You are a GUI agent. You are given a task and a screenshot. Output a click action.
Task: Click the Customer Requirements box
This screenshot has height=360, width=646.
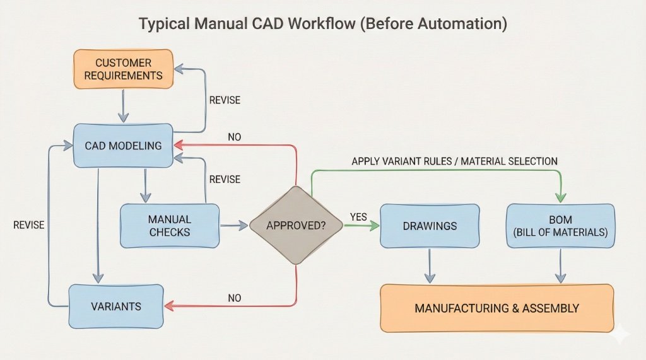[123, 69]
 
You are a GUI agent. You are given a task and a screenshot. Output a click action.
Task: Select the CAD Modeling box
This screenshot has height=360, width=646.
[123, 145]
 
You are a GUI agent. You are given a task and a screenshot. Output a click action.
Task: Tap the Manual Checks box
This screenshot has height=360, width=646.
[170, 226]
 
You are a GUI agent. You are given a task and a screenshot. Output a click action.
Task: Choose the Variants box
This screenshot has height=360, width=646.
[116, 306]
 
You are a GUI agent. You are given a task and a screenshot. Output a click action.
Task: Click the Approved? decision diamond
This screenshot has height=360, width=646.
[297, 225]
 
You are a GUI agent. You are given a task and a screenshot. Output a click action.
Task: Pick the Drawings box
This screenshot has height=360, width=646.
[429, 225]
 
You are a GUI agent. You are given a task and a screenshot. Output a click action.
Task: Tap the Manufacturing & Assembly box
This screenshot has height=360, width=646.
[496, 308]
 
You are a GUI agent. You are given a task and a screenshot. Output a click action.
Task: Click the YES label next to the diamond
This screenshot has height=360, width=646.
[358, 217]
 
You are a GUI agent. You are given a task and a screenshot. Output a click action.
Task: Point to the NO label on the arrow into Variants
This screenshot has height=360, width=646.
[235, 298]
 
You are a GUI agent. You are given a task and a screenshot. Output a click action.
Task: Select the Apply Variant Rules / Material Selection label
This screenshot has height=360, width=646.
[454, 161]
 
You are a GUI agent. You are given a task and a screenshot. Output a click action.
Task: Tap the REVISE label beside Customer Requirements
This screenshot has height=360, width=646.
[225, 100]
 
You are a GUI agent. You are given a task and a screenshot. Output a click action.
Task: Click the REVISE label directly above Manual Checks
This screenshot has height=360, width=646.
[225, 180]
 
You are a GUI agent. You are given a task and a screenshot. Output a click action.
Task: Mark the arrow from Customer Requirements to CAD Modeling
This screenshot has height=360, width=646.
[124, 105]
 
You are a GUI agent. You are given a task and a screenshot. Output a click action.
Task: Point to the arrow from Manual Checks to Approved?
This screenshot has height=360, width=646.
[234, 225]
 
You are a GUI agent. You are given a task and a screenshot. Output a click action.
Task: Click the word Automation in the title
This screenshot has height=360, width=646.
[467, 25]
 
